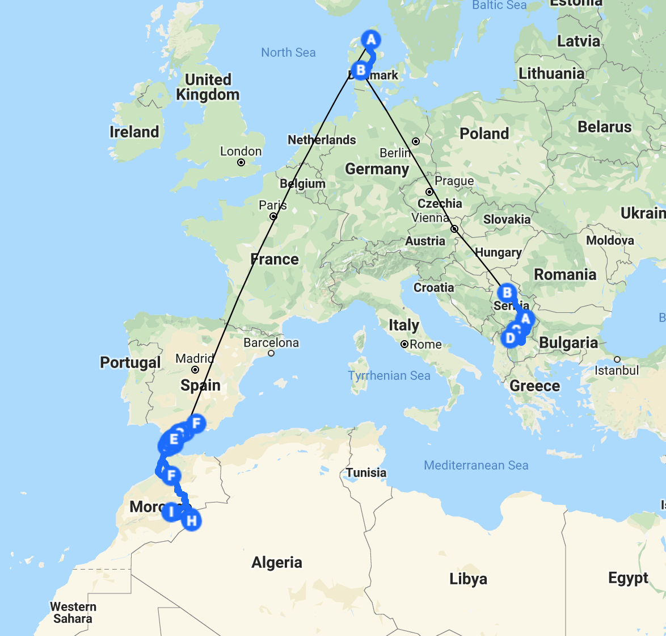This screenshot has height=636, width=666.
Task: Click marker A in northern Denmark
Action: [371, 40]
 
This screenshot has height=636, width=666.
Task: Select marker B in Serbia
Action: [507, 293]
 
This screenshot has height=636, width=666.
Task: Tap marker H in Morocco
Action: [192, 520]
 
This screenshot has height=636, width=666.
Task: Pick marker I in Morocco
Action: [171, 512]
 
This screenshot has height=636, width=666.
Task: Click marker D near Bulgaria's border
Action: [510, 338]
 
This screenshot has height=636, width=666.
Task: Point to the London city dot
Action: [241, 162]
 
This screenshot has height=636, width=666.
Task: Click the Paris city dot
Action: [273, 216]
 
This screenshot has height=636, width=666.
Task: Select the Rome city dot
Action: [404, 344]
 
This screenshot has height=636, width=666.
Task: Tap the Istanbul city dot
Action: [617, 359]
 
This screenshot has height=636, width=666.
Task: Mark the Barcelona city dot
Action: [271, 353]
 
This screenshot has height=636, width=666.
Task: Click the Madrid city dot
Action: [195, 370]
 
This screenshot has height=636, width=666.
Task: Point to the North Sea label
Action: [288, 53]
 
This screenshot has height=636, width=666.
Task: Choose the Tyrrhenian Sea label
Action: [389, 375]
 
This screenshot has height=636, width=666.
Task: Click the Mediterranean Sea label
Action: [476, 466]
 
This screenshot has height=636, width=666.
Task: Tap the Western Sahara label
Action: [73, 613]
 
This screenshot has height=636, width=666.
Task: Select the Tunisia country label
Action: [366, 472]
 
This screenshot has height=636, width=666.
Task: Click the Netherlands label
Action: [322, 140]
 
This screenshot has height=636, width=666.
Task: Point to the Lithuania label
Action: [551, 73]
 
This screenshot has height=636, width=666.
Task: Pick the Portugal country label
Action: [130, 362]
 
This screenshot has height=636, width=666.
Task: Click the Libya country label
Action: [468, 579]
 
